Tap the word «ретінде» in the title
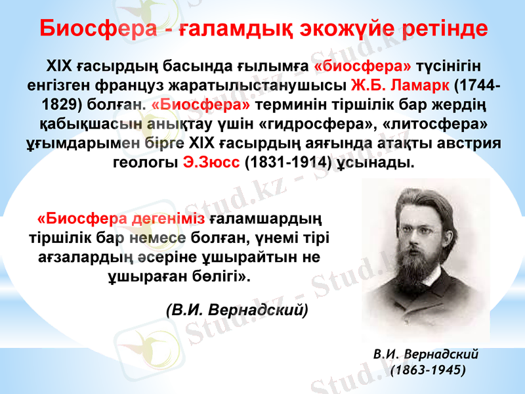(448, 30)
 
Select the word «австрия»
(471, 142)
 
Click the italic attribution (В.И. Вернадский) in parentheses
(236, 309)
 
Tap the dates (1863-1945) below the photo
(427, 370)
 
